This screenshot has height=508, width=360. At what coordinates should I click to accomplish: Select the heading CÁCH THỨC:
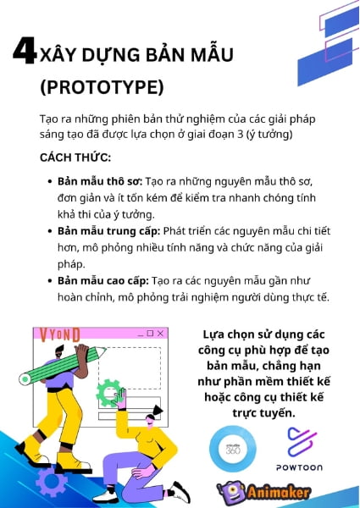(75, 157)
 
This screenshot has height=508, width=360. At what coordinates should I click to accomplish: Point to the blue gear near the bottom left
(53, 482)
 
